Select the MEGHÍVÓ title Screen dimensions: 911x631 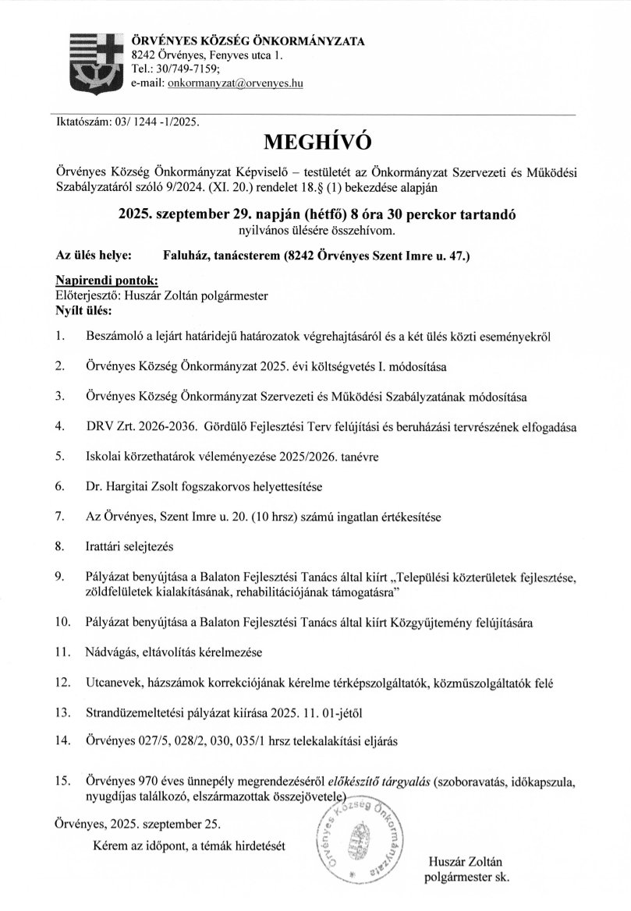pyautogui.click(x=315, y=141)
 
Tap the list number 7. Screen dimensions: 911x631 pyautogui.click(x=59, y=516)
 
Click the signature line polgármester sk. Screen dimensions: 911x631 pyautogui.click(x=464, y=877)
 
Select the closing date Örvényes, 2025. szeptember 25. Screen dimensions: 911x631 pyautogui.click(x=138, y=823)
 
